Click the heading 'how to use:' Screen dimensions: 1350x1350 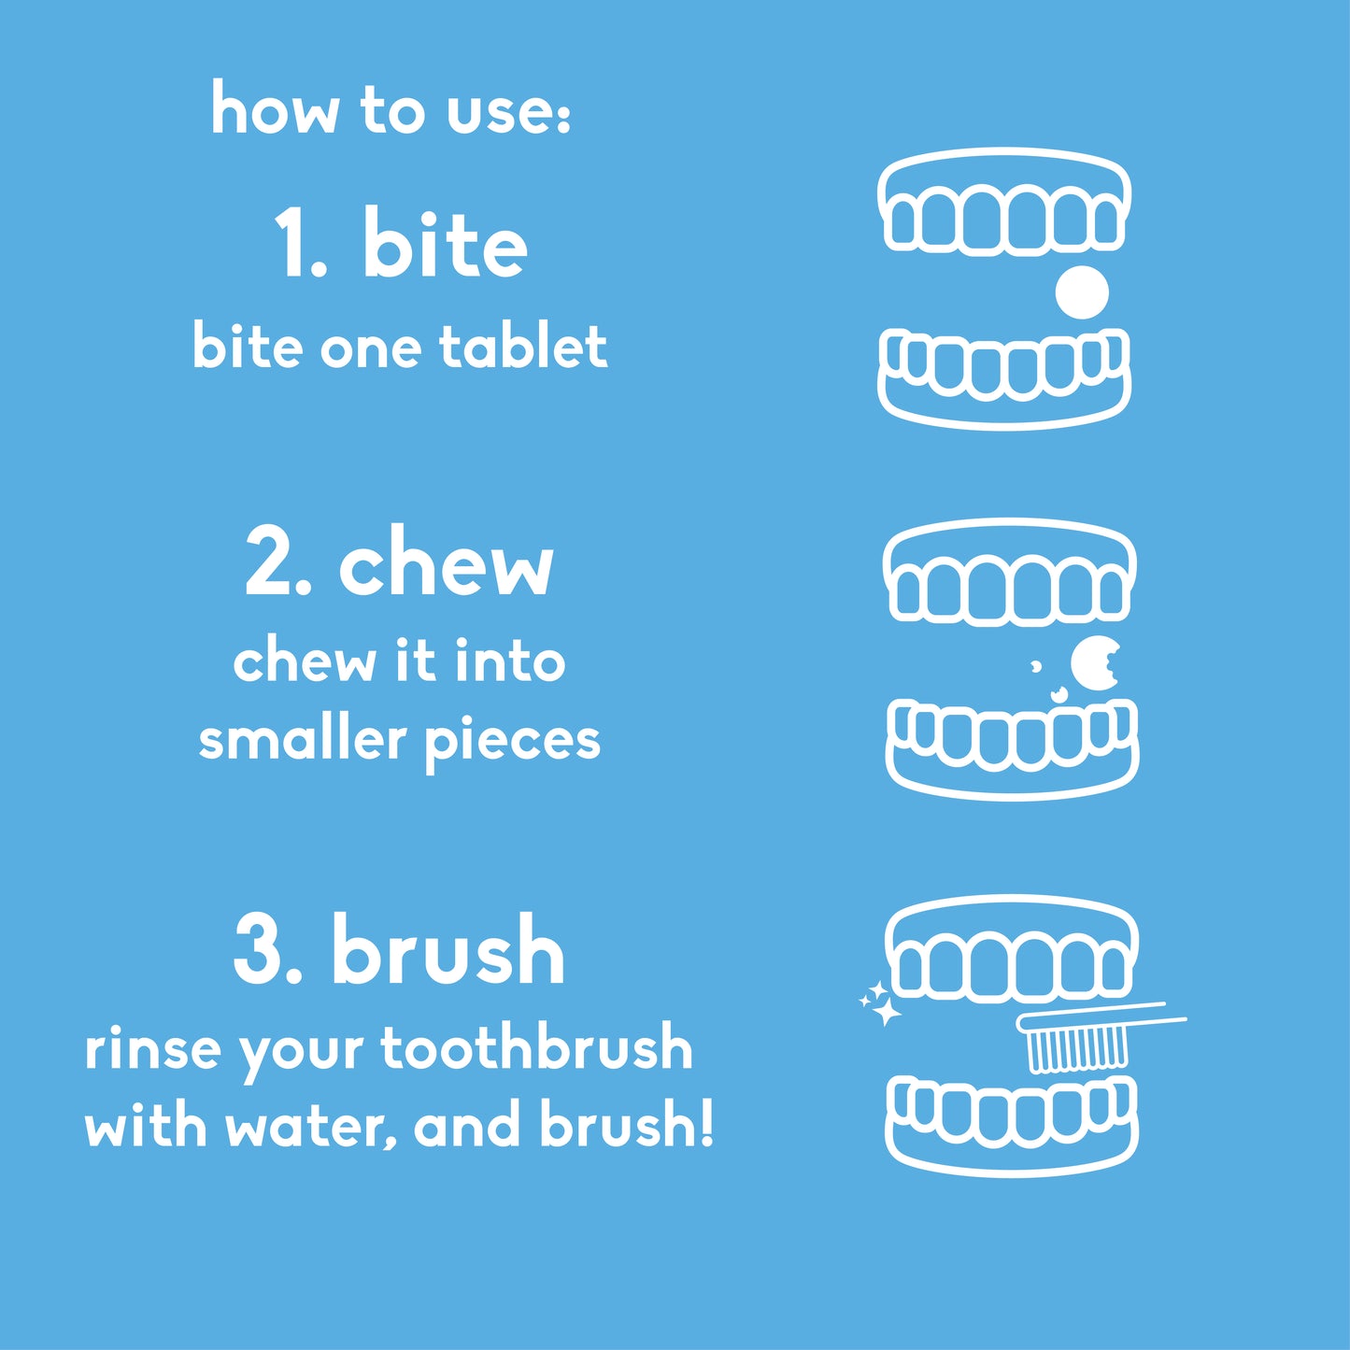pos(391,110)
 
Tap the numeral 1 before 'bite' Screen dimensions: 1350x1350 pos(291,245)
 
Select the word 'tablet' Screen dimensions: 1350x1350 pos(523,347)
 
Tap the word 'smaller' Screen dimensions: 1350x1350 pos(302,740)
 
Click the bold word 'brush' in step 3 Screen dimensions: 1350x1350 pos(448,950)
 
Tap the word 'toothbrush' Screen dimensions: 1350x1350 pos(536,1048)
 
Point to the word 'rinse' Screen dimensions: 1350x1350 pos(152,1049)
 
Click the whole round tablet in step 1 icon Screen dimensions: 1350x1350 pos(1082,292)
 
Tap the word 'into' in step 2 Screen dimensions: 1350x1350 pos(510,661)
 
